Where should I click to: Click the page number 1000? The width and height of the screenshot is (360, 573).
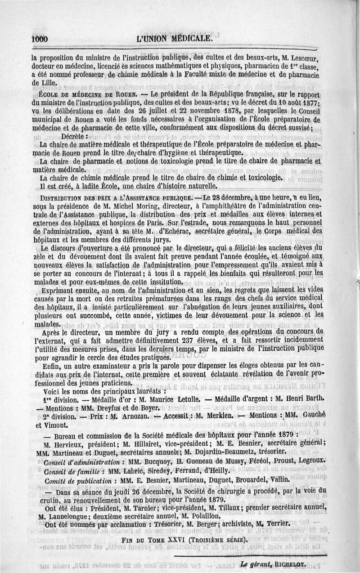[x=40, y=39]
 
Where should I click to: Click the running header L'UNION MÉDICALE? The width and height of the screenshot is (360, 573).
[x=174, y=39]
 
